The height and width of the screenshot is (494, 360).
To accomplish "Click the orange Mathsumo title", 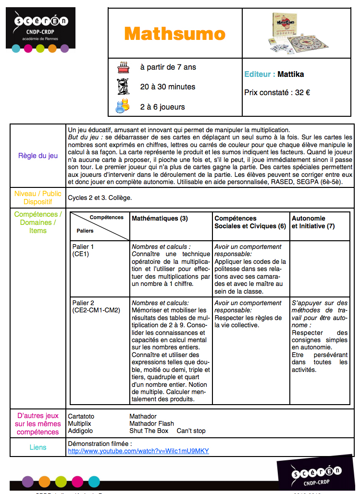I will point(174,34).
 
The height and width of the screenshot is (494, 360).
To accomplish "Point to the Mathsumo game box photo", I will point(296,34).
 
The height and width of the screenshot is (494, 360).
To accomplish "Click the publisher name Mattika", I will point(291,74).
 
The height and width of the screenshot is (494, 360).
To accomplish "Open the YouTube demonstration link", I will point(138,451).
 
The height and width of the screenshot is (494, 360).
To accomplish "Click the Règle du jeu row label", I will point(38,156).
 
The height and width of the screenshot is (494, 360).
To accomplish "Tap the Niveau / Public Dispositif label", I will point(38,198).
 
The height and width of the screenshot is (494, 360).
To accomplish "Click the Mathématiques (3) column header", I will point(160,218).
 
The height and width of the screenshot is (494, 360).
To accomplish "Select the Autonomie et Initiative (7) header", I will point(313,222).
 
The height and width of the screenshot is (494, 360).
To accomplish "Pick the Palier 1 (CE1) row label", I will point(83,250).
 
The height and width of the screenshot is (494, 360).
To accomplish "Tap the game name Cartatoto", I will point(81,416).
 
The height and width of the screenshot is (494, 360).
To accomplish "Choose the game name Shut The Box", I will point(149,431).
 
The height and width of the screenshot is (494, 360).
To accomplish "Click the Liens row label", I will point(38,447).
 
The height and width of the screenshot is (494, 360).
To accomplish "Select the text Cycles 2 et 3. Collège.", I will point(99,198).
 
